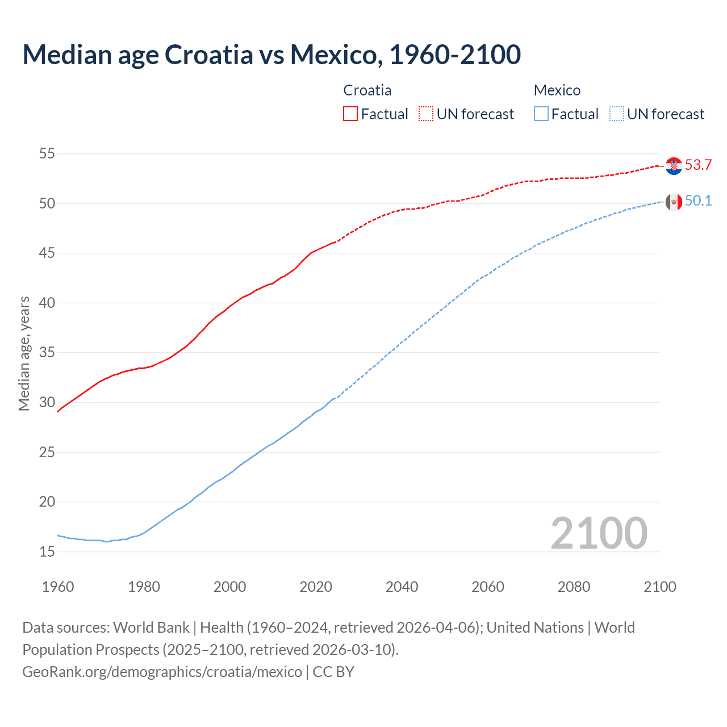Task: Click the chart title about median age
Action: (271, 55)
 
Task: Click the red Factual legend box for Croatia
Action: (350, 114)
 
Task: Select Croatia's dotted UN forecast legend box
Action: (426, 114)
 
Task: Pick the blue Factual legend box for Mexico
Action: (541, 114)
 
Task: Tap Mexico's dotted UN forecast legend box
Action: (617, 114)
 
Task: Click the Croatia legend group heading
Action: (367, 90)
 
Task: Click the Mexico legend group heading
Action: (557, 90)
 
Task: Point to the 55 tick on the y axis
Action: (47, 153)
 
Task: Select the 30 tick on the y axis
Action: (47, 402)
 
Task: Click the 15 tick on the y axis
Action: (47, 551)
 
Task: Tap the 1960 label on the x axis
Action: (58, 587)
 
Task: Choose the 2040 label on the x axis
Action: (402, 587)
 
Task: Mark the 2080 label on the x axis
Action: (574, 587)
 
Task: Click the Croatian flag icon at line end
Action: (674, 166)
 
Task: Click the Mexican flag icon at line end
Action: (674, 202)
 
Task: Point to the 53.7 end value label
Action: (698, 165)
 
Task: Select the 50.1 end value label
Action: (698, 201)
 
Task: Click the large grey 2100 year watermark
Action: (599, 533)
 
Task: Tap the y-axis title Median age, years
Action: (24, 353)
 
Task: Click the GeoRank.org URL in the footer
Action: (162, 672)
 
